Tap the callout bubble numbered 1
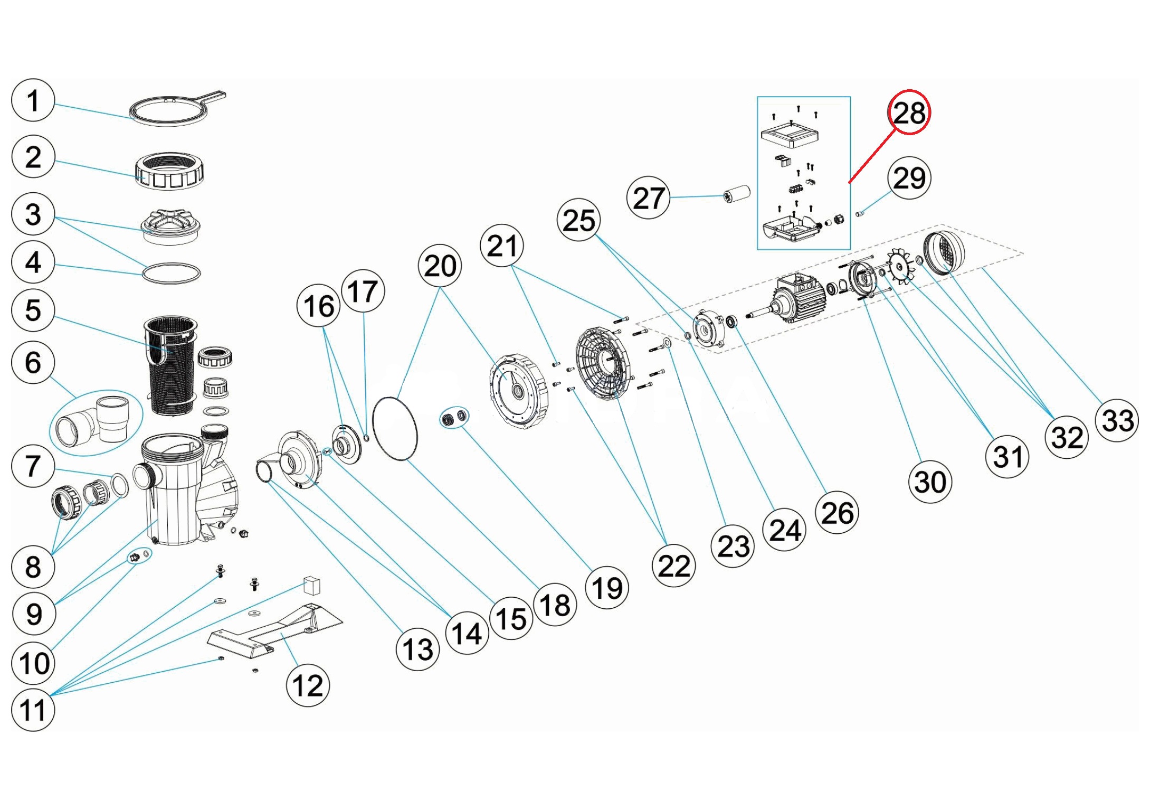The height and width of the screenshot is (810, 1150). click(33, 100)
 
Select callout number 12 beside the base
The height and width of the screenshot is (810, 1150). click(308, 685)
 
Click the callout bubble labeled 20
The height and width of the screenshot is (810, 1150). click(440, 266)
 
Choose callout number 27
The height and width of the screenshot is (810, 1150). click(648, 198)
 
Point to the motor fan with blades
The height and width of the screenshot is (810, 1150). click(903, 267)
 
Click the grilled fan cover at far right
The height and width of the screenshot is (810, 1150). click(945, 253)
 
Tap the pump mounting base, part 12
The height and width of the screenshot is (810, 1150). click(274, 631)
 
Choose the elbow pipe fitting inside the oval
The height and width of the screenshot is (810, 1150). click(95, 422)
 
